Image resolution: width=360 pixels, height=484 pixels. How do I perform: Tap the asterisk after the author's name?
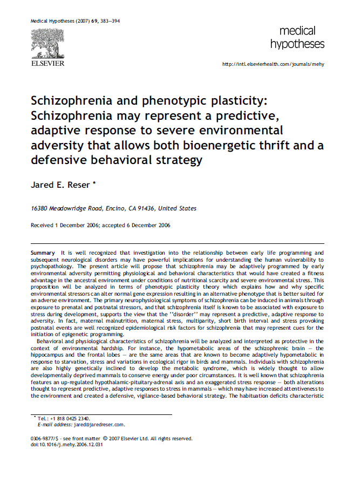pyautogui.click(x=94, y=183)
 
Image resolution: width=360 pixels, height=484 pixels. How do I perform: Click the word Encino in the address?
pyautogui.click(x=111, y=209)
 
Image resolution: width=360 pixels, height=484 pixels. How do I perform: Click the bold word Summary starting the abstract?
pyautogui.click(x=43, y=253)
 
